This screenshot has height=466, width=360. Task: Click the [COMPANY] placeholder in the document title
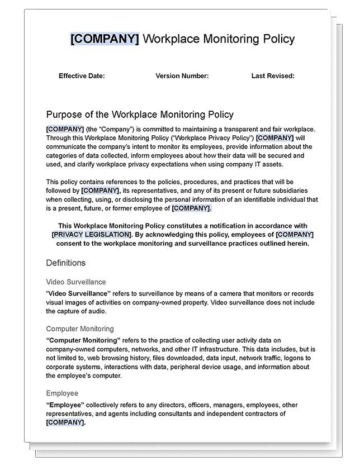pos(105,39)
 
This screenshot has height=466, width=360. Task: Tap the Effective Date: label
pos(82,76)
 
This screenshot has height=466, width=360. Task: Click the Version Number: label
pos(182,76)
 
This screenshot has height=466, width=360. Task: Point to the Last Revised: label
pos(273,76)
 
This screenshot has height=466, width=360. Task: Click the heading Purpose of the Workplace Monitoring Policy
pos(140,115)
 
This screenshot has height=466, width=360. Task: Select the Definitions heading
pos(66,262)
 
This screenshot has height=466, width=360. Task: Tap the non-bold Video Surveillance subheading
pos(76,282)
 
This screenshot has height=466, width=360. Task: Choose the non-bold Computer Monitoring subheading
pos(80,329)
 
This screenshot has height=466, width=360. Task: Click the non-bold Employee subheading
pos(62,393)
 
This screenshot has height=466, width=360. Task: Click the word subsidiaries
pos(295,191)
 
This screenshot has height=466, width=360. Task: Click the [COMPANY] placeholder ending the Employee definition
pos(65,423)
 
